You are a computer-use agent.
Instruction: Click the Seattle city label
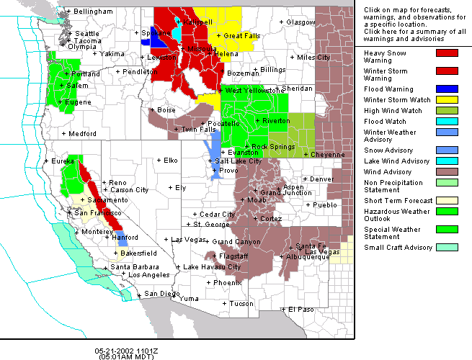pos(87,34)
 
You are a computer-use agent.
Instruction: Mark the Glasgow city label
pos(300,22)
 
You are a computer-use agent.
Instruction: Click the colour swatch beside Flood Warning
pos(447,89)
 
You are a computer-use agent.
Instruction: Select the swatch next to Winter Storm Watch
pos(447,99)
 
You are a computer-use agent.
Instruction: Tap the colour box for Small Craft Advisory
pos(447,248)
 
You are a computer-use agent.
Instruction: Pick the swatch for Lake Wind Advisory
pos(447,161)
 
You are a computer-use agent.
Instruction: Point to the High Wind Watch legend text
pos(393,111)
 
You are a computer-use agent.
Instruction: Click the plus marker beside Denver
pos(306,179)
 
